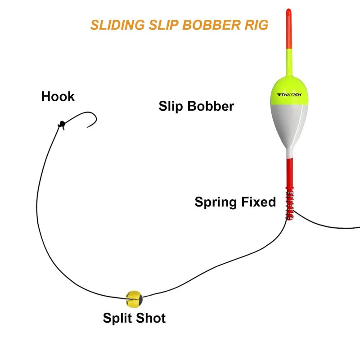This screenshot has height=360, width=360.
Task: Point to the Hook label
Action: [x=58, y=96]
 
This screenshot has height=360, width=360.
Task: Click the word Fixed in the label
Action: [x=259, y=202]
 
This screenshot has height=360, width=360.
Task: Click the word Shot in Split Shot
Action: [x=152, y=318]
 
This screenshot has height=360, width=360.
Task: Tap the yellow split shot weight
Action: [x=134, y=296]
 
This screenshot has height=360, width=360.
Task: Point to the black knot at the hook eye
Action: [x=61, y=125]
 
